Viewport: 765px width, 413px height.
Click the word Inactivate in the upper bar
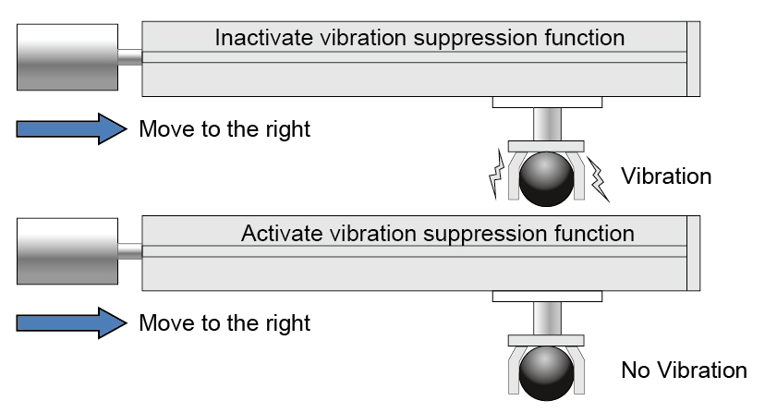tap(260, 39)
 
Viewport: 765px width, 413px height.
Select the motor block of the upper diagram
tap(67, 56)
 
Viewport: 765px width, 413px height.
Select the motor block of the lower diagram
tap(67, 250)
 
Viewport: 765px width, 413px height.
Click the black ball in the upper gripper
tap(546, 179)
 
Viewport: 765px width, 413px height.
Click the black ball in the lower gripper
tap(546, 372)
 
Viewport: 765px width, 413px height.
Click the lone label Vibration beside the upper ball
tap(666, 176)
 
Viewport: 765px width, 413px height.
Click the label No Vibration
tap(684, 371)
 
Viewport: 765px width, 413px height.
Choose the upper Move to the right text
tap(225, 129)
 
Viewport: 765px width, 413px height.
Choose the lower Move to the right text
tap(225, 323)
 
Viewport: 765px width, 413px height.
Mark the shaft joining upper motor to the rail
tap(129, 57)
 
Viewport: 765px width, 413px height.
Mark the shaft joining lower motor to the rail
tap(129, 251)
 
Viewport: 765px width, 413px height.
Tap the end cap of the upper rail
tap(693, 57)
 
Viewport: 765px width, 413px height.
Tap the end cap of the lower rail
tap(693, 251)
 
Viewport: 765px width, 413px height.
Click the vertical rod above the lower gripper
tap(547, 317)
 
